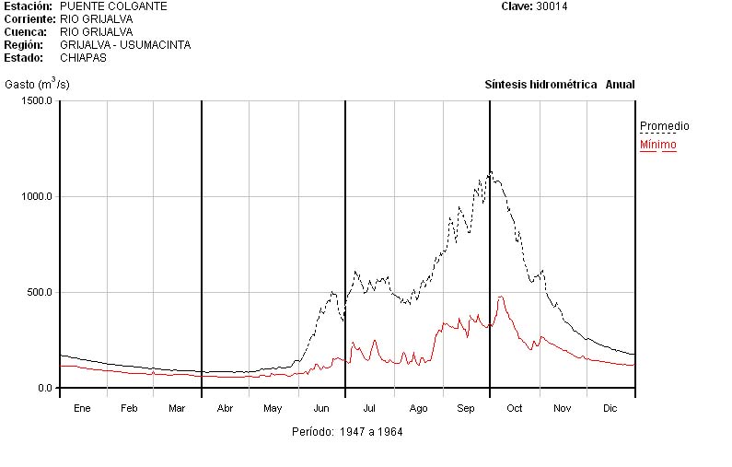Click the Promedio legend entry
point(664,126)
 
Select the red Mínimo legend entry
point(657,145)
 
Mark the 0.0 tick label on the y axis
point(45,388)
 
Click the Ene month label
point(83,408)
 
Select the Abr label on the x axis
point(225,408)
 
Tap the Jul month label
point(369,408)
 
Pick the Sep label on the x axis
point(466,408)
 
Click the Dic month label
point(610,408)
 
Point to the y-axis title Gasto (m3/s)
point(37,85)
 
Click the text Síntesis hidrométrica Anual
point(560,85)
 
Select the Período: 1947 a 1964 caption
point(347,431)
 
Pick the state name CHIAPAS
point(83,57)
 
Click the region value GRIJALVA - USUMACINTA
point(125,44)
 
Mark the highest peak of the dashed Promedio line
point(491,171)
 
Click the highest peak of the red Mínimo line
point(501,297)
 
